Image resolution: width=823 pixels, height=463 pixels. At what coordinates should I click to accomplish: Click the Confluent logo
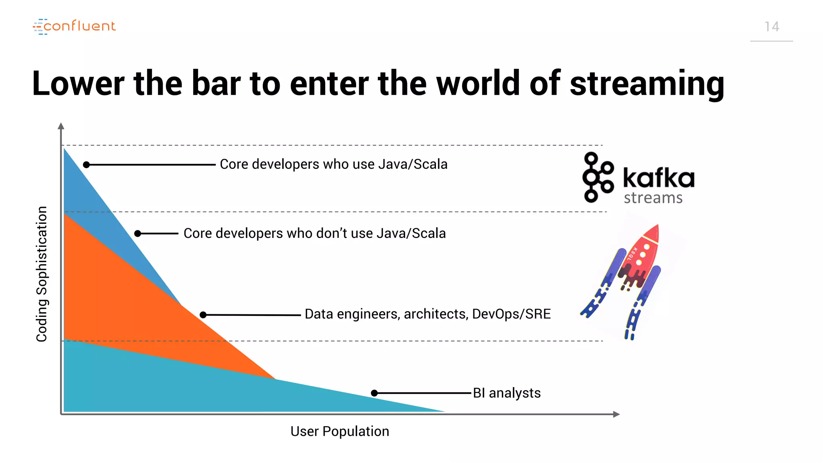click(74, 27)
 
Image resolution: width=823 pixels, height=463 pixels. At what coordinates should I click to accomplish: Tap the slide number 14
click(772, 27)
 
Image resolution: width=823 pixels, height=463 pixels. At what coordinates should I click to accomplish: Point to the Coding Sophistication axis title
click(42, 274)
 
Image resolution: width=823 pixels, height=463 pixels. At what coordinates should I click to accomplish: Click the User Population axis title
click(340, 431)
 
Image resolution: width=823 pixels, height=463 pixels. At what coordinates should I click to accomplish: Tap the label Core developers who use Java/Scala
click(334, 164)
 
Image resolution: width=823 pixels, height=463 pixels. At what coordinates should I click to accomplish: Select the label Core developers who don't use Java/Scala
click(315, 234)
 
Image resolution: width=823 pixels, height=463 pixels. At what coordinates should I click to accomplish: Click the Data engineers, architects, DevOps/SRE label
click(428, 314)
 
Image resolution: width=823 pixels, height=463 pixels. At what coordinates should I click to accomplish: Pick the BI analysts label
click(507, 393)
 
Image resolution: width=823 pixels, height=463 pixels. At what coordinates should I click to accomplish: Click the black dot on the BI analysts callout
click(374, 393)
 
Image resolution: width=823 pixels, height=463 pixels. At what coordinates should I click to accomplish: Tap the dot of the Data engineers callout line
click(203, 315)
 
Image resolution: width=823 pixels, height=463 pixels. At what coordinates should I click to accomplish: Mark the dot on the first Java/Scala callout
click(86, 165)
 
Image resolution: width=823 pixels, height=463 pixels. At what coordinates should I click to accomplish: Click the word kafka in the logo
click(658, 178)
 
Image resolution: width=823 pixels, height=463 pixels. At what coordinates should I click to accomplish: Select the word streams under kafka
click(653, 198)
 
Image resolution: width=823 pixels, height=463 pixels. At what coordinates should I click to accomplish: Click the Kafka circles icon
click(597, 177)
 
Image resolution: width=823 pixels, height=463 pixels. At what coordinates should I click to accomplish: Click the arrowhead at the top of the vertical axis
click(61, 126)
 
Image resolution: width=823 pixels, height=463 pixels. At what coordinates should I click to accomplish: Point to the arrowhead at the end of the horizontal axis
click(616, 414)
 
